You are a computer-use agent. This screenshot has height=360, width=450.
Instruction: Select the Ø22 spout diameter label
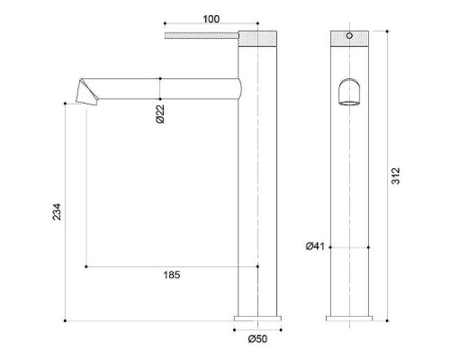pyautogui.click(x=158, y=113)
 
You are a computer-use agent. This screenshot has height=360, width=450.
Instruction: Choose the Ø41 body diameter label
pyautogui.click(x=314, y=245)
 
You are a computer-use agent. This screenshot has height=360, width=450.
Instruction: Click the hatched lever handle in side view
pyautogui.click(x=200, y=37)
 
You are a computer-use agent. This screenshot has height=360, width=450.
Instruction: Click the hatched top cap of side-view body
pyautogui.click(x=258, y=38)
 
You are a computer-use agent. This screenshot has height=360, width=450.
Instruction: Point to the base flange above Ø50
pyautogui.click(x=258, y=319)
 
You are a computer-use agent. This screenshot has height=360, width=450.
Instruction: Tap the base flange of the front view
pyautogui.click(x=349, y=319)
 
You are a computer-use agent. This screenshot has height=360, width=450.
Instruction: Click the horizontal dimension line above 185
pyautogui.click(x=171, y=266)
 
